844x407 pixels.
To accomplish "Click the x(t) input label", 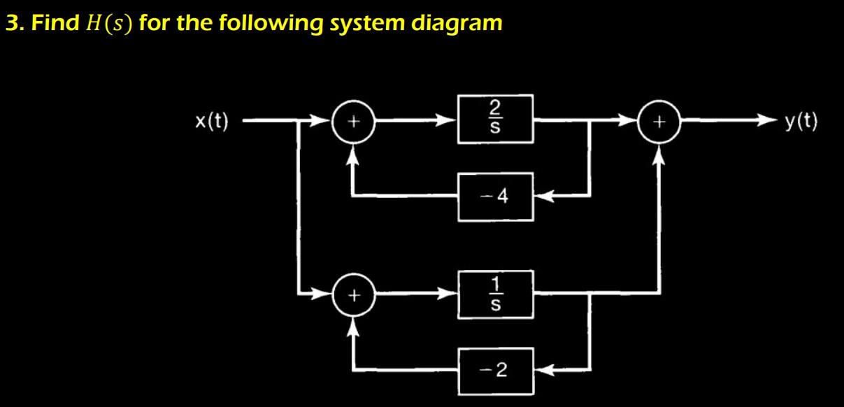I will click(211, 122).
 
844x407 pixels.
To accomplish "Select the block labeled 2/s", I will click(496, 120).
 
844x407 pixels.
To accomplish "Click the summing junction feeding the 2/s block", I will click(354, 122).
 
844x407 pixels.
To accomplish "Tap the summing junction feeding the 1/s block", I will click(354, 296).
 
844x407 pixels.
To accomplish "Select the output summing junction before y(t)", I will click(657, 122).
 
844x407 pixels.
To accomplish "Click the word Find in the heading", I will click(55, 23).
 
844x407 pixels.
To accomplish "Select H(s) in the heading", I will click(110, 23).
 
